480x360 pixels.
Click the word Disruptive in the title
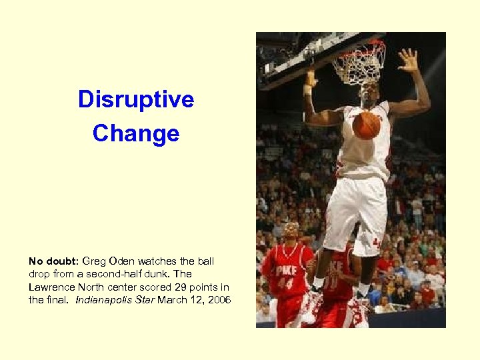[136, 99]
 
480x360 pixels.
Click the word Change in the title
[136, 133]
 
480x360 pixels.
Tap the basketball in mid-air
[365, 125]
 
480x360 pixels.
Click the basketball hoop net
[360, 64]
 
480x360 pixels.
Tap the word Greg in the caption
[95, 261]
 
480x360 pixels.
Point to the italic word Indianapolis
[107, 301]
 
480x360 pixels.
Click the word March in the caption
[173, 301]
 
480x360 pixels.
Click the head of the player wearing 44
[291, 231]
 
